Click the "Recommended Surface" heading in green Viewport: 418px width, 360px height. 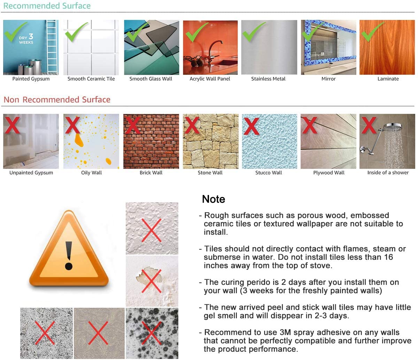[x=47, y=6]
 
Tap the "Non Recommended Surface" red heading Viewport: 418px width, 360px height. [x=57, y=100]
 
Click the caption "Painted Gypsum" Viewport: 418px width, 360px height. [x=31, y=79]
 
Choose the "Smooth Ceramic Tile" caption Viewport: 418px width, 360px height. [x=91, y=79]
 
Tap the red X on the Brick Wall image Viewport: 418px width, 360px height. [x=133, y=125]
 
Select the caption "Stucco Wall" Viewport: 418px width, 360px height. [x=269, y=173]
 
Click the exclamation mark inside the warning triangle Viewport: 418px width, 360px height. [x=69, y=256]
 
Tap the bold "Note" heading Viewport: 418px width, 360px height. [x=214, y=199]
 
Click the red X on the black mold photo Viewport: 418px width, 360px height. [x=152, y=333]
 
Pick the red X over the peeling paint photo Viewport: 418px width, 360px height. [x=152, y=281]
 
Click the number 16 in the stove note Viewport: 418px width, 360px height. [x=388, y=257]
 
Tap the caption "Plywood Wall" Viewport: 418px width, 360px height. [x=328, y=173]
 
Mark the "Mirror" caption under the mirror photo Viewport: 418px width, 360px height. [x=328, y=79]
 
